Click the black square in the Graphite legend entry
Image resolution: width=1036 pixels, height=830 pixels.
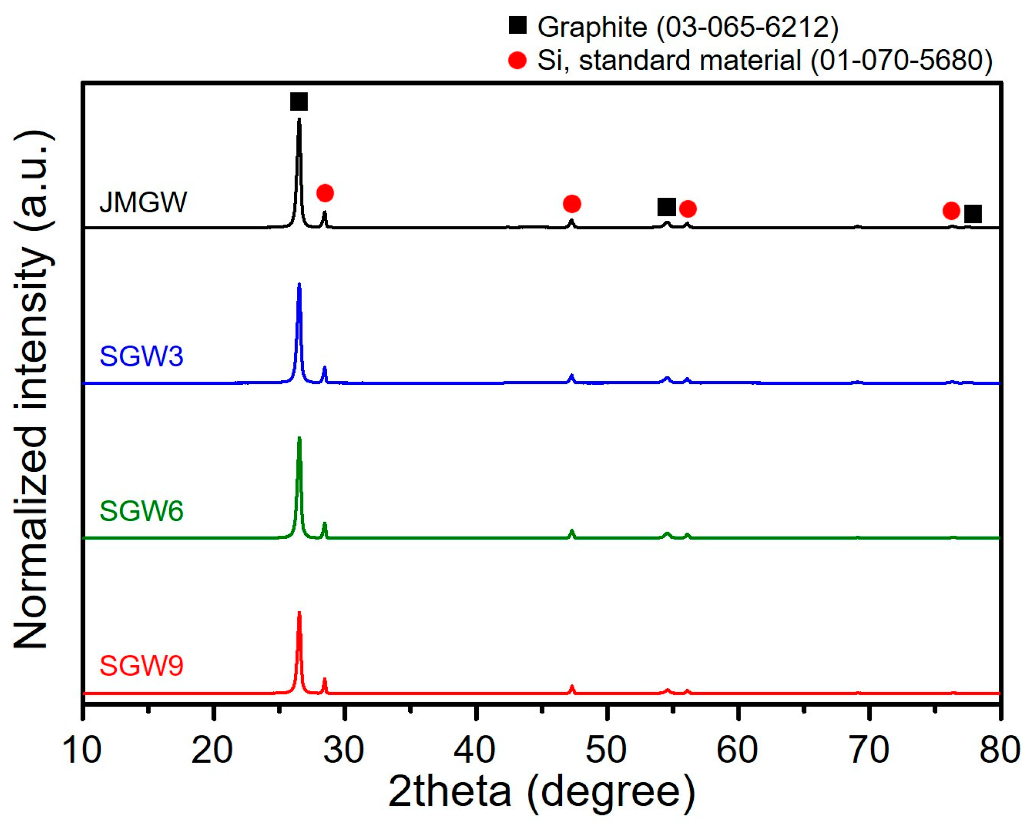[517, 25]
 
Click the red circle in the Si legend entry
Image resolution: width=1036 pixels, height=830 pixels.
[517, 60]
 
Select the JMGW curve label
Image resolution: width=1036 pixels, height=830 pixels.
[143, 202]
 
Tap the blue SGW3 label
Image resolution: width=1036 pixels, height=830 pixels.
[141, 356]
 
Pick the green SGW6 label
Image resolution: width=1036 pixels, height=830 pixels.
[141, 511]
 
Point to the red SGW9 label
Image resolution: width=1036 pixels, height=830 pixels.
[141, 666]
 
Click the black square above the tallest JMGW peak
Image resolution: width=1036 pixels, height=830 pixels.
[299, 102]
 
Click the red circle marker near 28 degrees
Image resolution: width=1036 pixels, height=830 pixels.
[325, 193]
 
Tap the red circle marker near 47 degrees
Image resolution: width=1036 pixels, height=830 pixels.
[572, 204]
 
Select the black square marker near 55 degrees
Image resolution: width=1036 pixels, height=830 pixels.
[667, 207]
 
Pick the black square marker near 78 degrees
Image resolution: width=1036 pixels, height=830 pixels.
[973, 214]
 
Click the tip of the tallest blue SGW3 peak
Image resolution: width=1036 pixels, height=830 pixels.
[300, 285]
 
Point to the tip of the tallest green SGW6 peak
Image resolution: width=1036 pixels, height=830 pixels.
[300, 439]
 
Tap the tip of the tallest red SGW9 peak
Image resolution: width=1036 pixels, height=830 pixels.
[300, 614]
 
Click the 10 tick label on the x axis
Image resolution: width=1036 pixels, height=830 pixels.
[82, 750]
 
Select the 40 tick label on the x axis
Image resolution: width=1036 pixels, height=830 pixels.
[475, 750]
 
